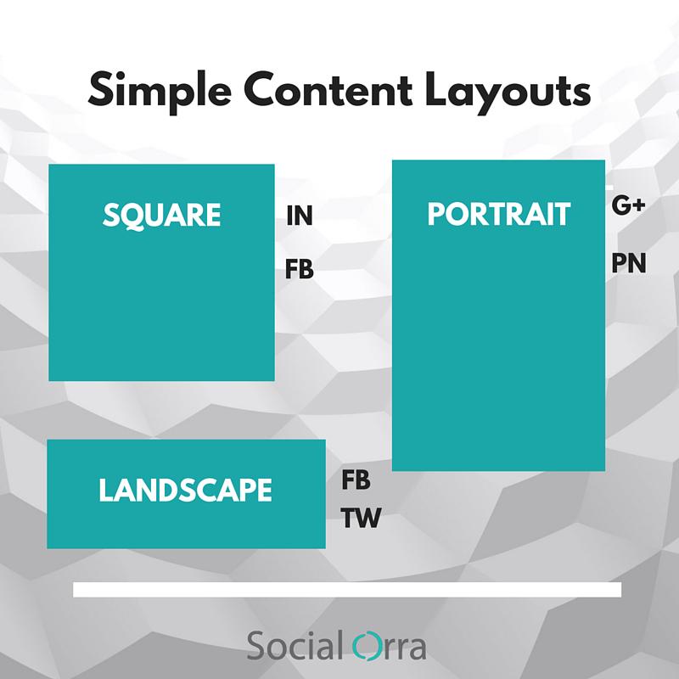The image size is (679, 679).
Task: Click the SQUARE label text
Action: coord(161,216)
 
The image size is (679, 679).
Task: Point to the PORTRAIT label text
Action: coord(498,215)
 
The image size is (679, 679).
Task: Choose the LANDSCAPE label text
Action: coord(185,490)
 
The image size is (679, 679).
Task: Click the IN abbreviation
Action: coord(299,216)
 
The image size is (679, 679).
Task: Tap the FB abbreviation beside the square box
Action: coord(299,271)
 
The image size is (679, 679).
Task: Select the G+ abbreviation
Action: coord(629,206)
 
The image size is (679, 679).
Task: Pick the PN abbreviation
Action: coord(629,264)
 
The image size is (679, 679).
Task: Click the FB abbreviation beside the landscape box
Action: coord(356,480)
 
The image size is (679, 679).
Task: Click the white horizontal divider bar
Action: coord(347,590)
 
